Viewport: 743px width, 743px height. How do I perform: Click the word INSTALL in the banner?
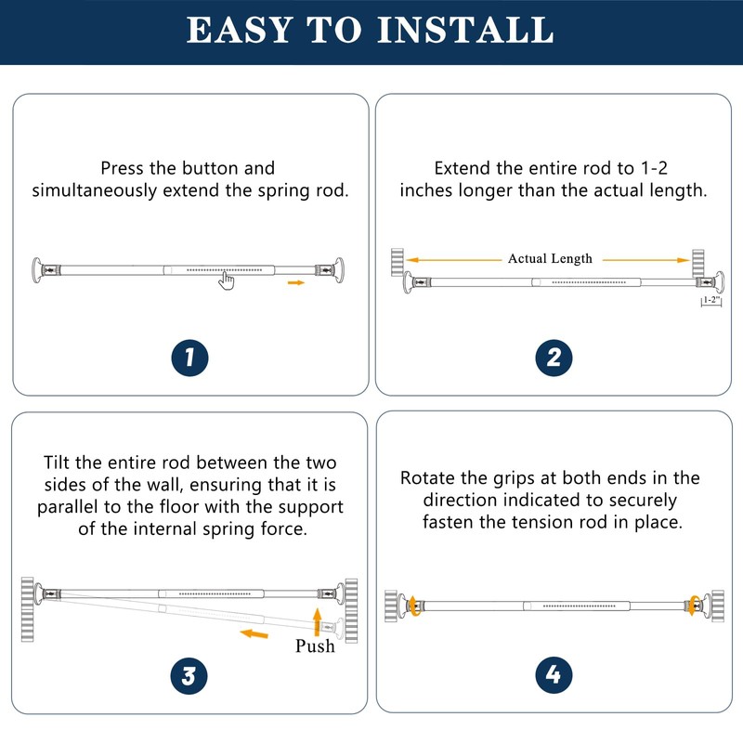(465, 30)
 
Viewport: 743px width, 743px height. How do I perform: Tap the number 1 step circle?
(189, 358)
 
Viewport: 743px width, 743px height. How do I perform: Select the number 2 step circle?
(554, 358)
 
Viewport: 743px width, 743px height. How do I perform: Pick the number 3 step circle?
(189, 676)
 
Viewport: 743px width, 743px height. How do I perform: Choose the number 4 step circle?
(554, 675)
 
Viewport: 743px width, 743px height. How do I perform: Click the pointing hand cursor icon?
(227, 281)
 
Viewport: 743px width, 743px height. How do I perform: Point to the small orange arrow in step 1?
(296, 282)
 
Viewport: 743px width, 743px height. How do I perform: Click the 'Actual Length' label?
(550, 259)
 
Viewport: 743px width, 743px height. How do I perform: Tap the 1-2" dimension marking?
(711, 301)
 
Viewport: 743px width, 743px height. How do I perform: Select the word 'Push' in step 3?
(315, 646)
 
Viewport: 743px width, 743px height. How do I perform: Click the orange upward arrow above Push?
(317, 621)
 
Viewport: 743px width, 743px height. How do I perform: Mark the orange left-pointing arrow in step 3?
(254, 633)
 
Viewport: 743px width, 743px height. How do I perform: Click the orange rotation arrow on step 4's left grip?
(414, 606)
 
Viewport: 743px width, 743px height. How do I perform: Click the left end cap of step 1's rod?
(36, 270)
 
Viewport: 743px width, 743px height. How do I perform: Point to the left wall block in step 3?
(28, 609)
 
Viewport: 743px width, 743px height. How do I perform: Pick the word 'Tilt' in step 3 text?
(57, 463)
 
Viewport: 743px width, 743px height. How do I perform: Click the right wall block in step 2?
(698, 264)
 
